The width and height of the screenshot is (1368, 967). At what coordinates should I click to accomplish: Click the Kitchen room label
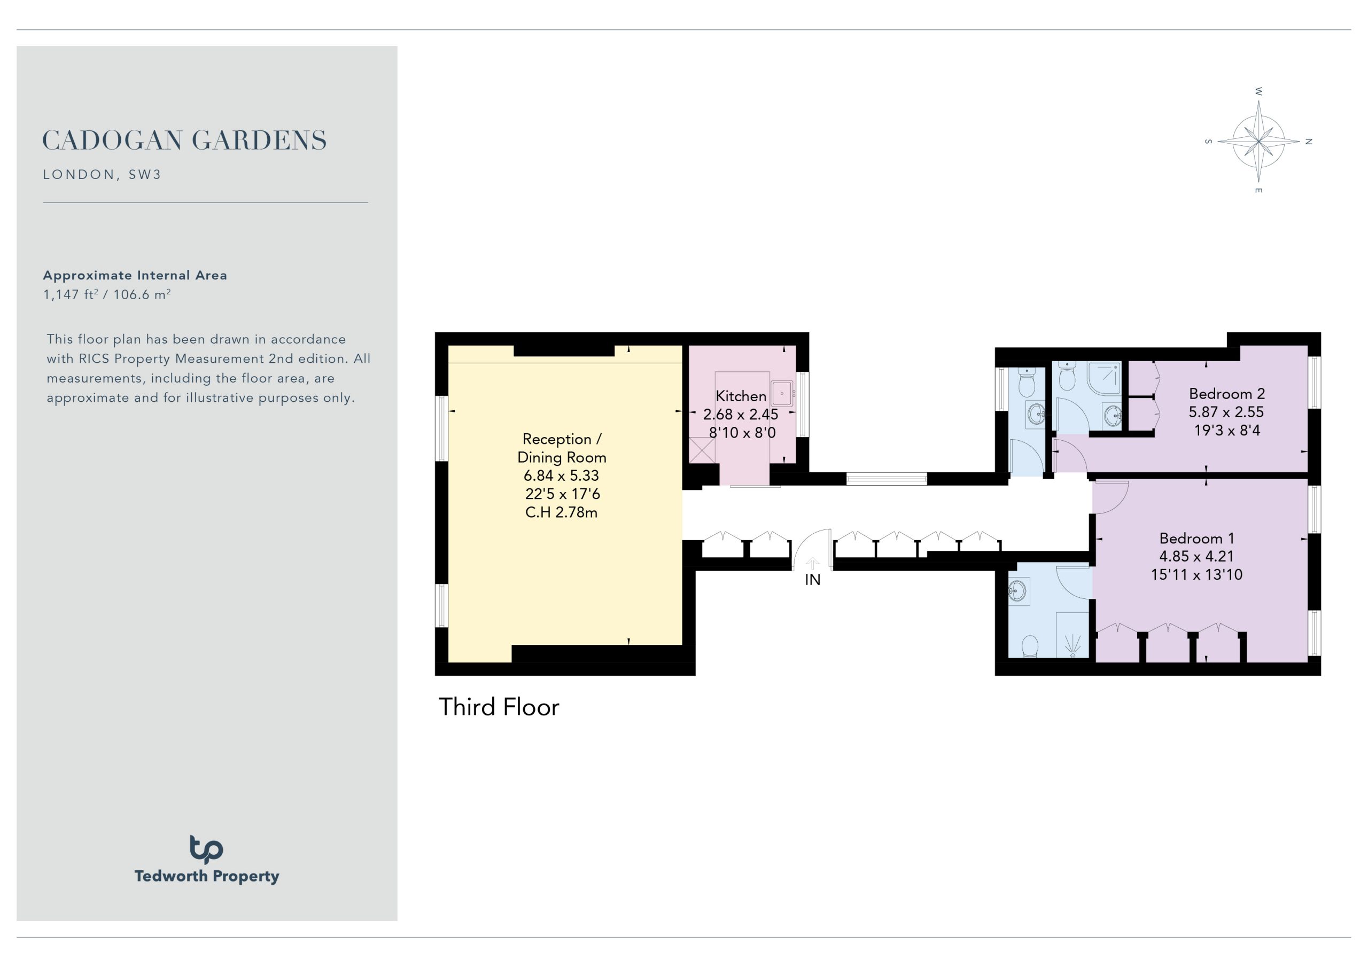(741, 396)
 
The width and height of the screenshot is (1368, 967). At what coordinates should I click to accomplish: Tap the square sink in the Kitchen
(782, 393)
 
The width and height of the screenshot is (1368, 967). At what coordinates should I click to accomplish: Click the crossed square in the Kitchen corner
(702, 450)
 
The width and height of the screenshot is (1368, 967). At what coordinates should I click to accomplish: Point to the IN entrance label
(813, 580)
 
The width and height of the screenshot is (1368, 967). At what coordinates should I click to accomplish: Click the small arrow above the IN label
(813, 563)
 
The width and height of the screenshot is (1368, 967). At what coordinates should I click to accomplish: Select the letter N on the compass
(1309, 142)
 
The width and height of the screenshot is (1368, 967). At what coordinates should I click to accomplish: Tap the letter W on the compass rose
(1258, 92)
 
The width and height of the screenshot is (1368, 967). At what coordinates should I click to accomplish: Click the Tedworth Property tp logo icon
(206, 849)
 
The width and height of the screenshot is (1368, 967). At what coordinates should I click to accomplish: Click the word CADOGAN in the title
(113, 141)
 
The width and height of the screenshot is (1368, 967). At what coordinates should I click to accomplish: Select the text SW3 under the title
(145, 175)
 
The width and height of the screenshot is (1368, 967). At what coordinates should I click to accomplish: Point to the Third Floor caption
(499, 707)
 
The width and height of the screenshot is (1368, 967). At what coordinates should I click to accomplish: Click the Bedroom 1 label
(1196, 539)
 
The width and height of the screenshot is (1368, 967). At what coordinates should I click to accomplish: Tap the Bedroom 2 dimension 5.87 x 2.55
(1226, 412)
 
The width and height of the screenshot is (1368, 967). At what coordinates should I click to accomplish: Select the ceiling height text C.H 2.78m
(561, 512)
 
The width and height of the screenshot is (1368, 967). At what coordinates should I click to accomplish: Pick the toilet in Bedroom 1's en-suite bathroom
(1030, 646)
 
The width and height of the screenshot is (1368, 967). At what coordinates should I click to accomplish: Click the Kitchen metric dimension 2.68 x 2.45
(741, 414)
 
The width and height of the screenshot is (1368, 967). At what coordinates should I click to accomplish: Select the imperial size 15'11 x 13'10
(1196, 575)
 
